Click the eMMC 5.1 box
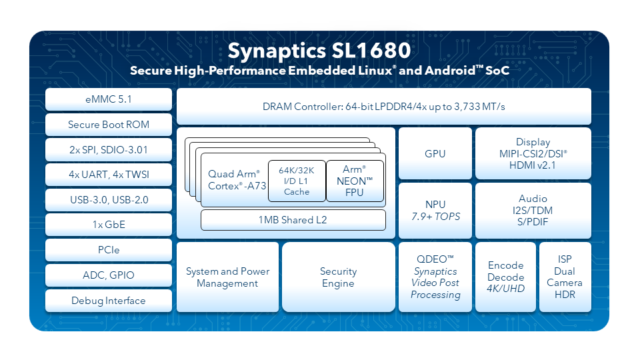tap(109, 99)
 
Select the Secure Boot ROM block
tap(109, 125)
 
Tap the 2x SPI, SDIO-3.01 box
tap(109, 150)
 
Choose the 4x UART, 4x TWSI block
tap(109, 175)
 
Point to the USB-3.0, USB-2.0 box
tap(109, 200)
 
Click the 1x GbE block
tap(109, 225)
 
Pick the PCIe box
tap(109, 250)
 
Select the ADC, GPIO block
tap(109, 275)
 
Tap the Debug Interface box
tap(109, 301)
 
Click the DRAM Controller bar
tap(384, 107)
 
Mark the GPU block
tap(435, 153)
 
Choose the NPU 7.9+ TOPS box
tap(435, 211)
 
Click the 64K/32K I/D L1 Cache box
tap(297, 181)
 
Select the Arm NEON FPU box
tap(355, 181)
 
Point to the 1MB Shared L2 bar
tap(293, 220)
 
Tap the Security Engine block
tap(339, 277)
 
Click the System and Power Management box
tap(228, 277)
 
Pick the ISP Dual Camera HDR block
tap(565, 277)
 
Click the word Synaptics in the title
tap(277, 51)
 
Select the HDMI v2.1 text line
tap(532, 165)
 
